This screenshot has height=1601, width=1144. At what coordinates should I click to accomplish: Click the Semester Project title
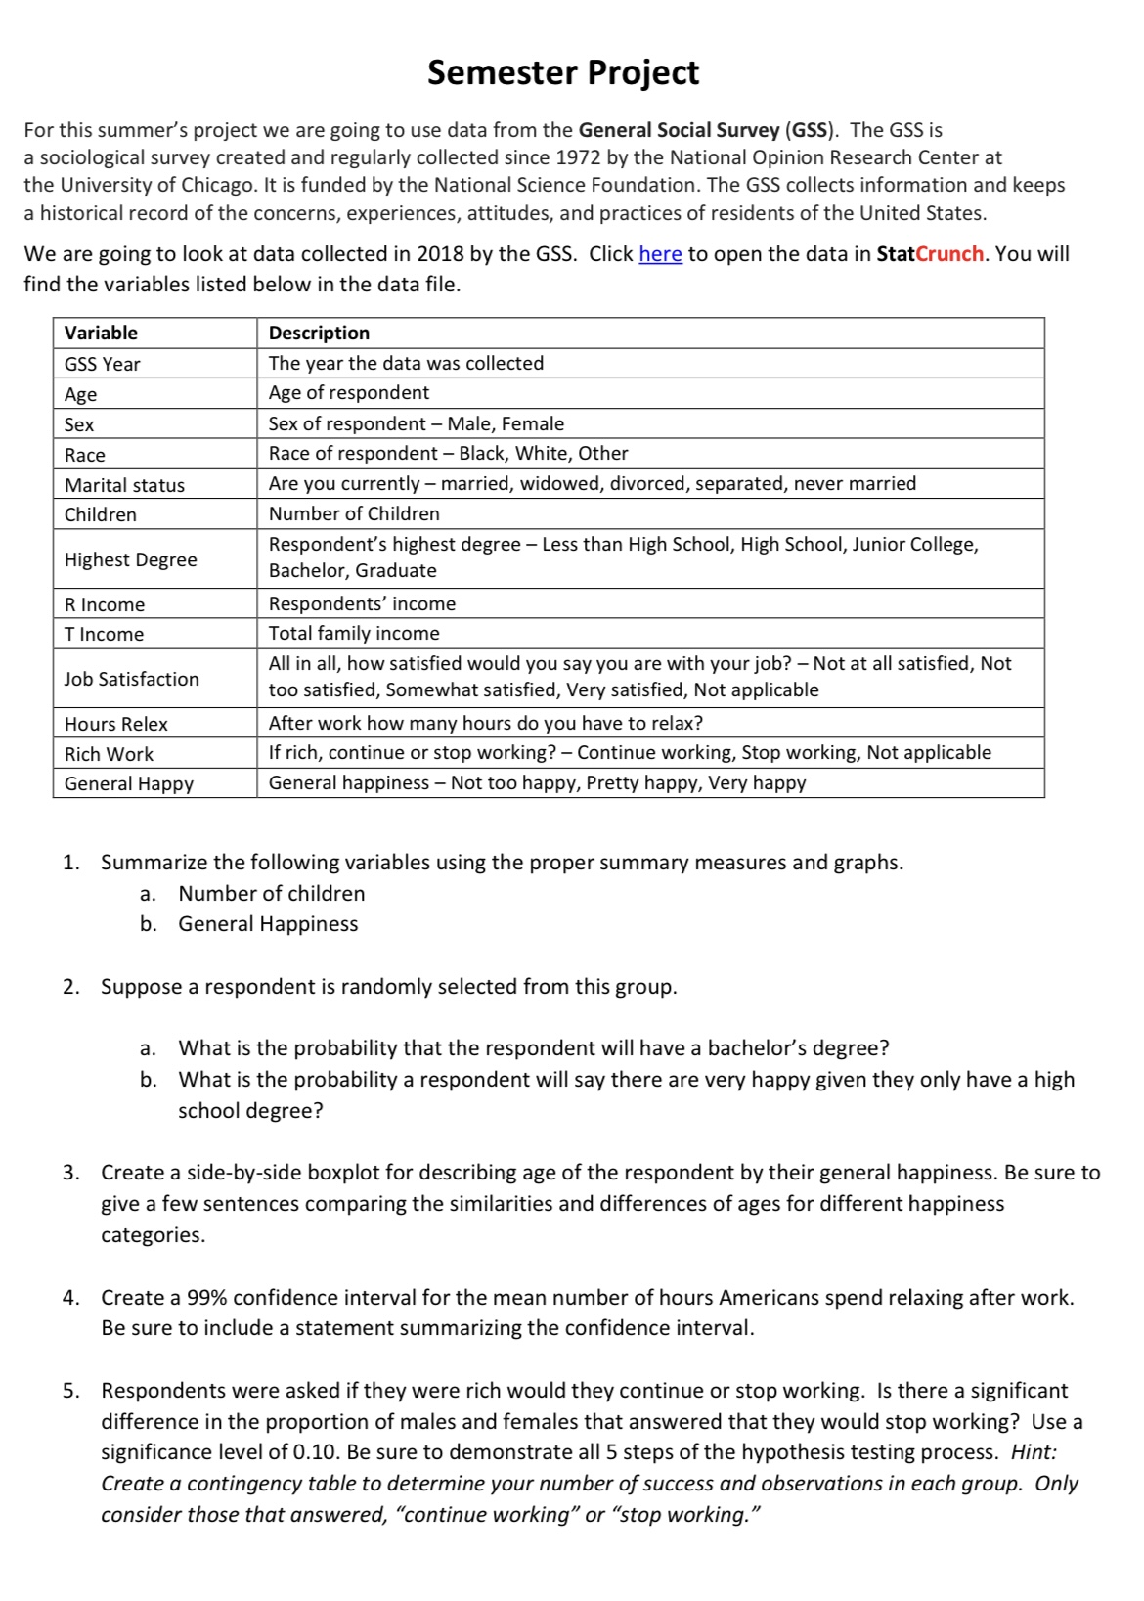tap(563, 72)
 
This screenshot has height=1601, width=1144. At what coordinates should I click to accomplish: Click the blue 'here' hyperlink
tap(660, 254)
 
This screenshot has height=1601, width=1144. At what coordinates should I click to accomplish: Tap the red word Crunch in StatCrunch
tap(949, 254)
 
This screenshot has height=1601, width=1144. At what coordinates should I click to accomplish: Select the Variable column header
tap(101, 333)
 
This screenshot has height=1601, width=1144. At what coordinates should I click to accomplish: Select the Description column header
tap(319, 333)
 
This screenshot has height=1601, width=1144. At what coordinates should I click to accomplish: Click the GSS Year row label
tap(103, 364)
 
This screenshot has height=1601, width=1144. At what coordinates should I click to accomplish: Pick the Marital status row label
tap(124, 485)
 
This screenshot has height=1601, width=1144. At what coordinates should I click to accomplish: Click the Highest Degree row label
tap(131, 559)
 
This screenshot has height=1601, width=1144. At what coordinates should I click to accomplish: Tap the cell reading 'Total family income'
tap(354, 633)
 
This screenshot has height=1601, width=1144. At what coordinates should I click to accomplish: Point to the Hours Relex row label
tap(116, 724)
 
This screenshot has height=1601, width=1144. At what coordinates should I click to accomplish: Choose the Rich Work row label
tap(109, 754)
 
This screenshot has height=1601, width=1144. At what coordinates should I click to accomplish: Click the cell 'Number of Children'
tap(354, 513)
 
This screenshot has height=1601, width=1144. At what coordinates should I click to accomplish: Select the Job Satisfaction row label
tap(132, 679)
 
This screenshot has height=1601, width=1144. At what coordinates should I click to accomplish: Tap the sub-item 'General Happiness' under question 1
tap(268, 924)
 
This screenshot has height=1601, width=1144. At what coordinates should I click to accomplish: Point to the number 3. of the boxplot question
tap(70, 1173)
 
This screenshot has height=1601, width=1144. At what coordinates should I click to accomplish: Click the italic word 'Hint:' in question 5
tap(1034, 1452)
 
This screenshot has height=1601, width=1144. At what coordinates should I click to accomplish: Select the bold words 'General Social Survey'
tap(679, 130)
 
